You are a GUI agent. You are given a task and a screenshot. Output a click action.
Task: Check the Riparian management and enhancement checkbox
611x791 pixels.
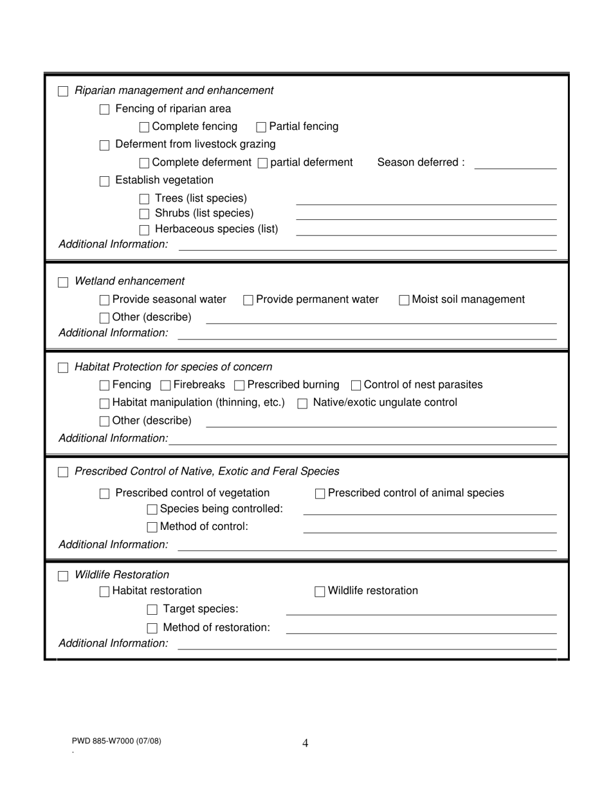pos(63,91)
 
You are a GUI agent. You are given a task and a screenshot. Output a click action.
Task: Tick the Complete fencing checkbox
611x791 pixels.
pos(145,127)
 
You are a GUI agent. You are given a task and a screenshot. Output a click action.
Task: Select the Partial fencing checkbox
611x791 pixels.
pos(261,127)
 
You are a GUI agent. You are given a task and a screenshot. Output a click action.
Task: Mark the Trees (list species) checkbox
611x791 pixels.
pos(145,199)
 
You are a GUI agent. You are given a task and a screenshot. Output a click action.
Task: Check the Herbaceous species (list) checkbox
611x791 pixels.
pos(145,230)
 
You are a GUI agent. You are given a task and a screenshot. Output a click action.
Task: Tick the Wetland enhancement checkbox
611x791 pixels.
pos(63,282)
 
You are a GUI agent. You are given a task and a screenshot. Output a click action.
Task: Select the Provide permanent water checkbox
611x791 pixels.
pos(248,300)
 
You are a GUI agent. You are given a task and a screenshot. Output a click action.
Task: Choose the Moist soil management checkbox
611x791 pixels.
pos(404,300)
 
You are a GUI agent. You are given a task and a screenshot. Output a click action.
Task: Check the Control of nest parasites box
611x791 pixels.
pos(356,386)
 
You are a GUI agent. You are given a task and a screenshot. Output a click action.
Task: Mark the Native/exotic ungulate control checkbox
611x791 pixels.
pos(302,404)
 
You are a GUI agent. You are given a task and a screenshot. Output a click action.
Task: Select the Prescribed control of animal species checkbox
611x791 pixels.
pos(320,494)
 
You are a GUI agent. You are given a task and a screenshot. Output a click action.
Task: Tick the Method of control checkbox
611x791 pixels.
pos(152,527)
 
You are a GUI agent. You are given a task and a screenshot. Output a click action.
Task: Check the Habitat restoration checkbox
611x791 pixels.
pos(104,592)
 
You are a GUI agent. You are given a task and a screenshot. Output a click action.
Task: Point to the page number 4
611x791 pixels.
pos(305,743)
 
